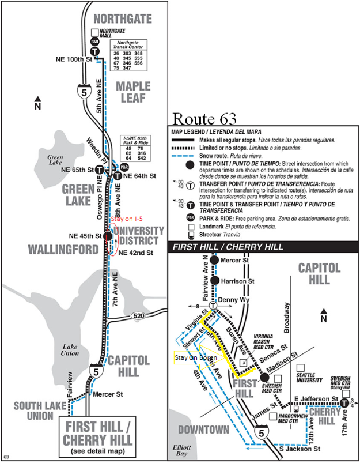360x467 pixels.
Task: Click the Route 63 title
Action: (x=204, y=119)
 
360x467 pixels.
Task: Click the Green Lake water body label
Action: (x=55, y=158)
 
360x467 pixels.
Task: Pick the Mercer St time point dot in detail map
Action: (x=214, y=260)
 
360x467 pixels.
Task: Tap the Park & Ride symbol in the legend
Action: (x=190, y=217)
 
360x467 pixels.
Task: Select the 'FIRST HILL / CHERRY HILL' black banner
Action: (x=262, y=247)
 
